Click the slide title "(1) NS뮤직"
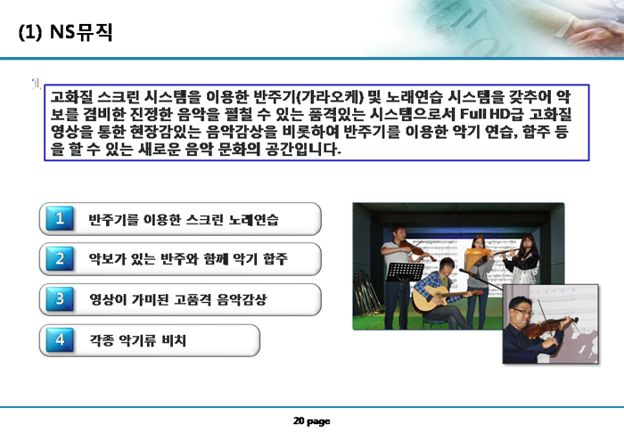coord(66,32)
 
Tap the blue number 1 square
coord(60,218)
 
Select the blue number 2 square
coord(60,258)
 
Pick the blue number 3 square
coord(60,298)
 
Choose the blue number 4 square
coord(60,339)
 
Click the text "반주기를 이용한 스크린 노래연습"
coord(184,219)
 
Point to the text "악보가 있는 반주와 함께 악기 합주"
coord(188,259)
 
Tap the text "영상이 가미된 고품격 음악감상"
coord(177,299)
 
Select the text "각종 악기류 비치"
coord(137,340)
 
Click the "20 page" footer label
coord(312,420)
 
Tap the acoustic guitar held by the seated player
coord(442,298)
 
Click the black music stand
coord(405,290)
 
